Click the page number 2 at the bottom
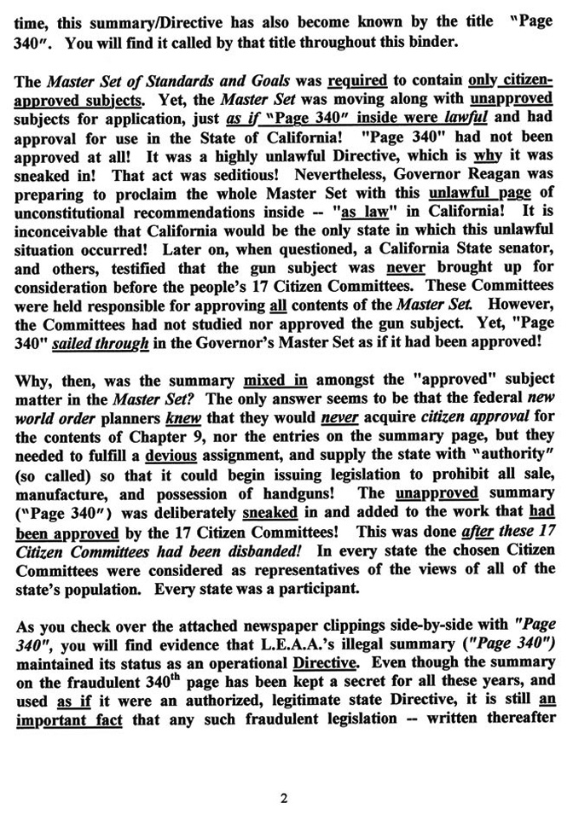tap(284, 776)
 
